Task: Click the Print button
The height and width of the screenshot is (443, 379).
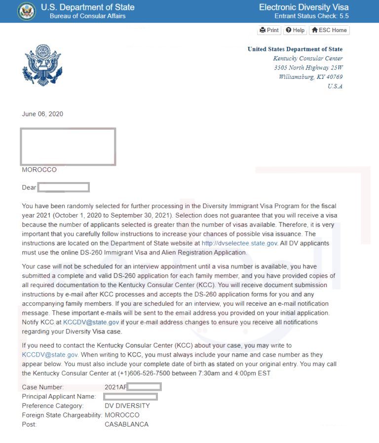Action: click(269, 30)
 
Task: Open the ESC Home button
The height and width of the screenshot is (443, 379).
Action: click(329, 30)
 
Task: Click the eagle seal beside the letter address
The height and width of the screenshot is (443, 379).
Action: click(42, 65)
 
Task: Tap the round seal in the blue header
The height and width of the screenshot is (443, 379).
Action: click(27, 11)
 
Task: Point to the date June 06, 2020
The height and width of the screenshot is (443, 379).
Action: click(42, 114)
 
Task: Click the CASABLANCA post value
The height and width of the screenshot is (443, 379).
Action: click(126, 424)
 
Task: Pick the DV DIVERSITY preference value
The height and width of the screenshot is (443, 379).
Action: click(127, 406)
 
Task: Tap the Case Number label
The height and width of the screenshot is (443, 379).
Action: click(43, 387)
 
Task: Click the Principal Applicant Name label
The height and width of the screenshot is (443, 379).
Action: click(59, 397)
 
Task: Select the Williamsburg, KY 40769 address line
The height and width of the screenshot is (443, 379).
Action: click(310, 77)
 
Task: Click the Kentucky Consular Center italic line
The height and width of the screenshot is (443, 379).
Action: click(308, 58)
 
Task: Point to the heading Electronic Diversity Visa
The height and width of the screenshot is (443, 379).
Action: click(303, 7)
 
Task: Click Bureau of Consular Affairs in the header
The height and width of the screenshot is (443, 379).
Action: click(87, 16)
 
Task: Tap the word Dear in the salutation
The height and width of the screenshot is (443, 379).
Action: click(29, 187)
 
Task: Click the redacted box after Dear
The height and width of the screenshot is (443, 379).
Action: click(64, 187)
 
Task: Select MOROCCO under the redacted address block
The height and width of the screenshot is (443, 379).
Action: click(39, 170)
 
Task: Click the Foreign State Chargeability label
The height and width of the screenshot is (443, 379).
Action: click(62, 415)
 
